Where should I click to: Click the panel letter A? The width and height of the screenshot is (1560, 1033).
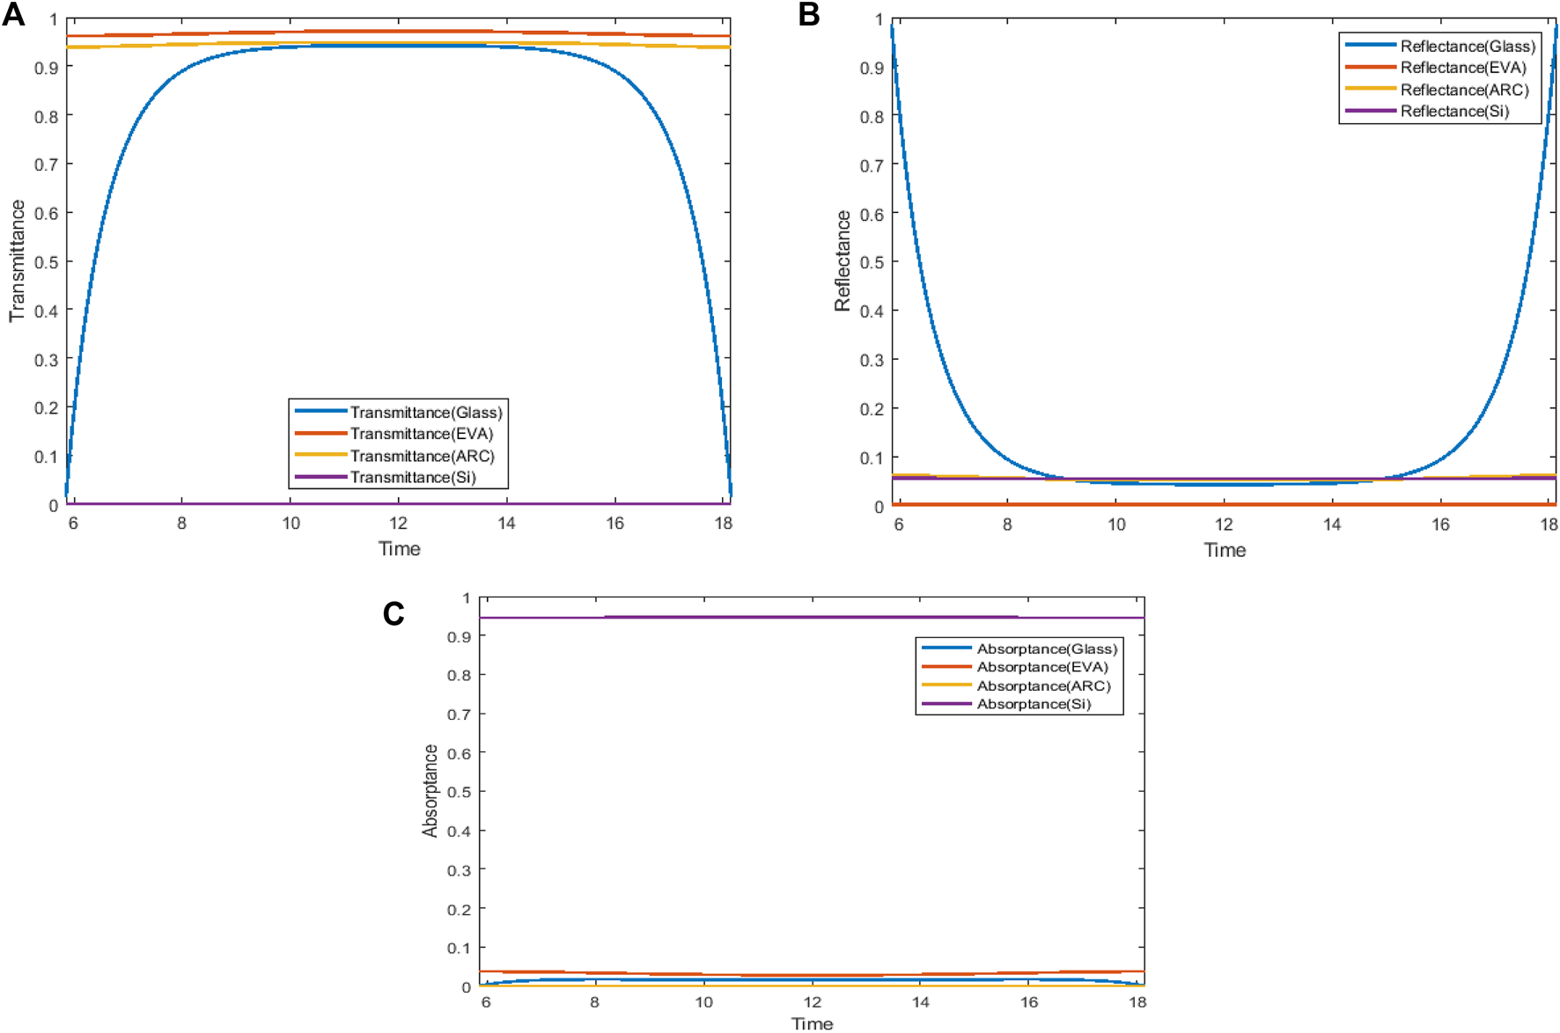13,15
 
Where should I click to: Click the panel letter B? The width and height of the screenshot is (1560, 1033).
808,15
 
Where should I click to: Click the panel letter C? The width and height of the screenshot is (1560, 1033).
394,613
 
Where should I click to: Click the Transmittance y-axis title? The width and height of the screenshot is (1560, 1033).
17,260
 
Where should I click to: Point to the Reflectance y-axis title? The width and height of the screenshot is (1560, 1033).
843,260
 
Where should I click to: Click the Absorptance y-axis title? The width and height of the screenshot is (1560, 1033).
430,790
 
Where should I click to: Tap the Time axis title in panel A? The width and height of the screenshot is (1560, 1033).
399,549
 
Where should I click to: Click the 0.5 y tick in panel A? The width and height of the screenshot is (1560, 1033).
47,262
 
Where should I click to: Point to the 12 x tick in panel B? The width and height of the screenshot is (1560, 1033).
1224,524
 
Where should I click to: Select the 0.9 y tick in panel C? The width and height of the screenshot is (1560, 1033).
459,636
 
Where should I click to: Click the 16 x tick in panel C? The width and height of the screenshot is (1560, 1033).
1029,1002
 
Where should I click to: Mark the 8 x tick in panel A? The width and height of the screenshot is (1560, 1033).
181,524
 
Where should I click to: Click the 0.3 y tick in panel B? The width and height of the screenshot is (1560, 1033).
872,360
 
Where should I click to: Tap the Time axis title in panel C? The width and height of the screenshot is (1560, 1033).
812,1023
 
